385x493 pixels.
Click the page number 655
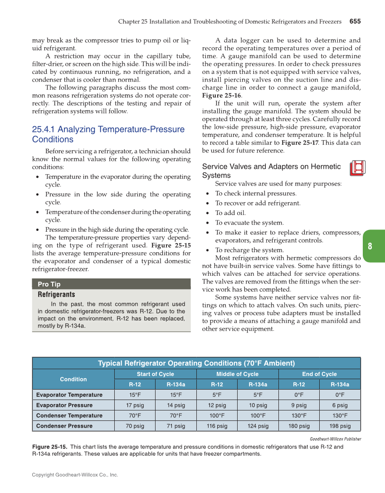355,21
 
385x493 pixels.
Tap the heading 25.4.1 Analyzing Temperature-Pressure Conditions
108,134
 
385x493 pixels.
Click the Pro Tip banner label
49,284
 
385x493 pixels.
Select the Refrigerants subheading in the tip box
56,295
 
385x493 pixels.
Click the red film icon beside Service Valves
357,168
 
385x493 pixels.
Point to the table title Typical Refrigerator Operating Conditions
196,363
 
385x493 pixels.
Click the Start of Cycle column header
155,374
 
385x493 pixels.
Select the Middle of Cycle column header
237,374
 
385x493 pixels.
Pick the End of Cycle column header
319,374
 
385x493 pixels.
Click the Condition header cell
73,379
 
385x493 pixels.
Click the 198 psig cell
340,426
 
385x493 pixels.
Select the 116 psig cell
217,426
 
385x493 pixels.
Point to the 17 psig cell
135,405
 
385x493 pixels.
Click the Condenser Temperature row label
69,416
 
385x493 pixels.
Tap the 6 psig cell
340,405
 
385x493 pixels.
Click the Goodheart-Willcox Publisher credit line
335,439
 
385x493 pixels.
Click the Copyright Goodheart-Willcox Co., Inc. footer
75,475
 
